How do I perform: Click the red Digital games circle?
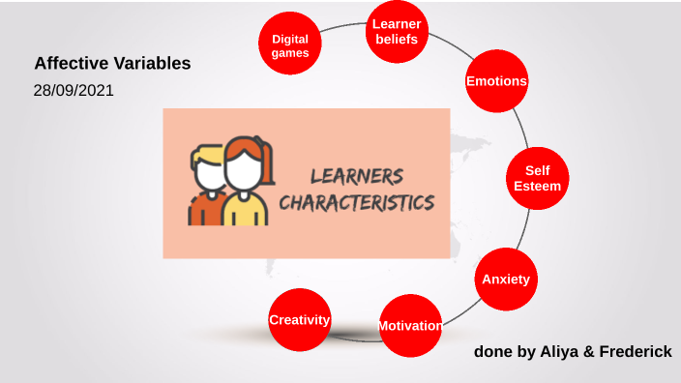click(290, 45)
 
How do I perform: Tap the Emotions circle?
click(496, 81)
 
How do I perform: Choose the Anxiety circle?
click(506, 279)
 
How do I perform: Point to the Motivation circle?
click(410, 326)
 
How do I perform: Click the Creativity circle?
click(300, 319)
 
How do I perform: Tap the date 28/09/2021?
click(74, 91)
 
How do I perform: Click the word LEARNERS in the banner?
click(356, 176)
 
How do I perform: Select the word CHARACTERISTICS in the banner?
click(356, 203)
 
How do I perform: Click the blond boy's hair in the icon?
click(205, 155)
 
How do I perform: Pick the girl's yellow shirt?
click(246, 211)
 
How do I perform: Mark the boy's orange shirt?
click(201, 211)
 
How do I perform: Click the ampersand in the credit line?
click(584, 351)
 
